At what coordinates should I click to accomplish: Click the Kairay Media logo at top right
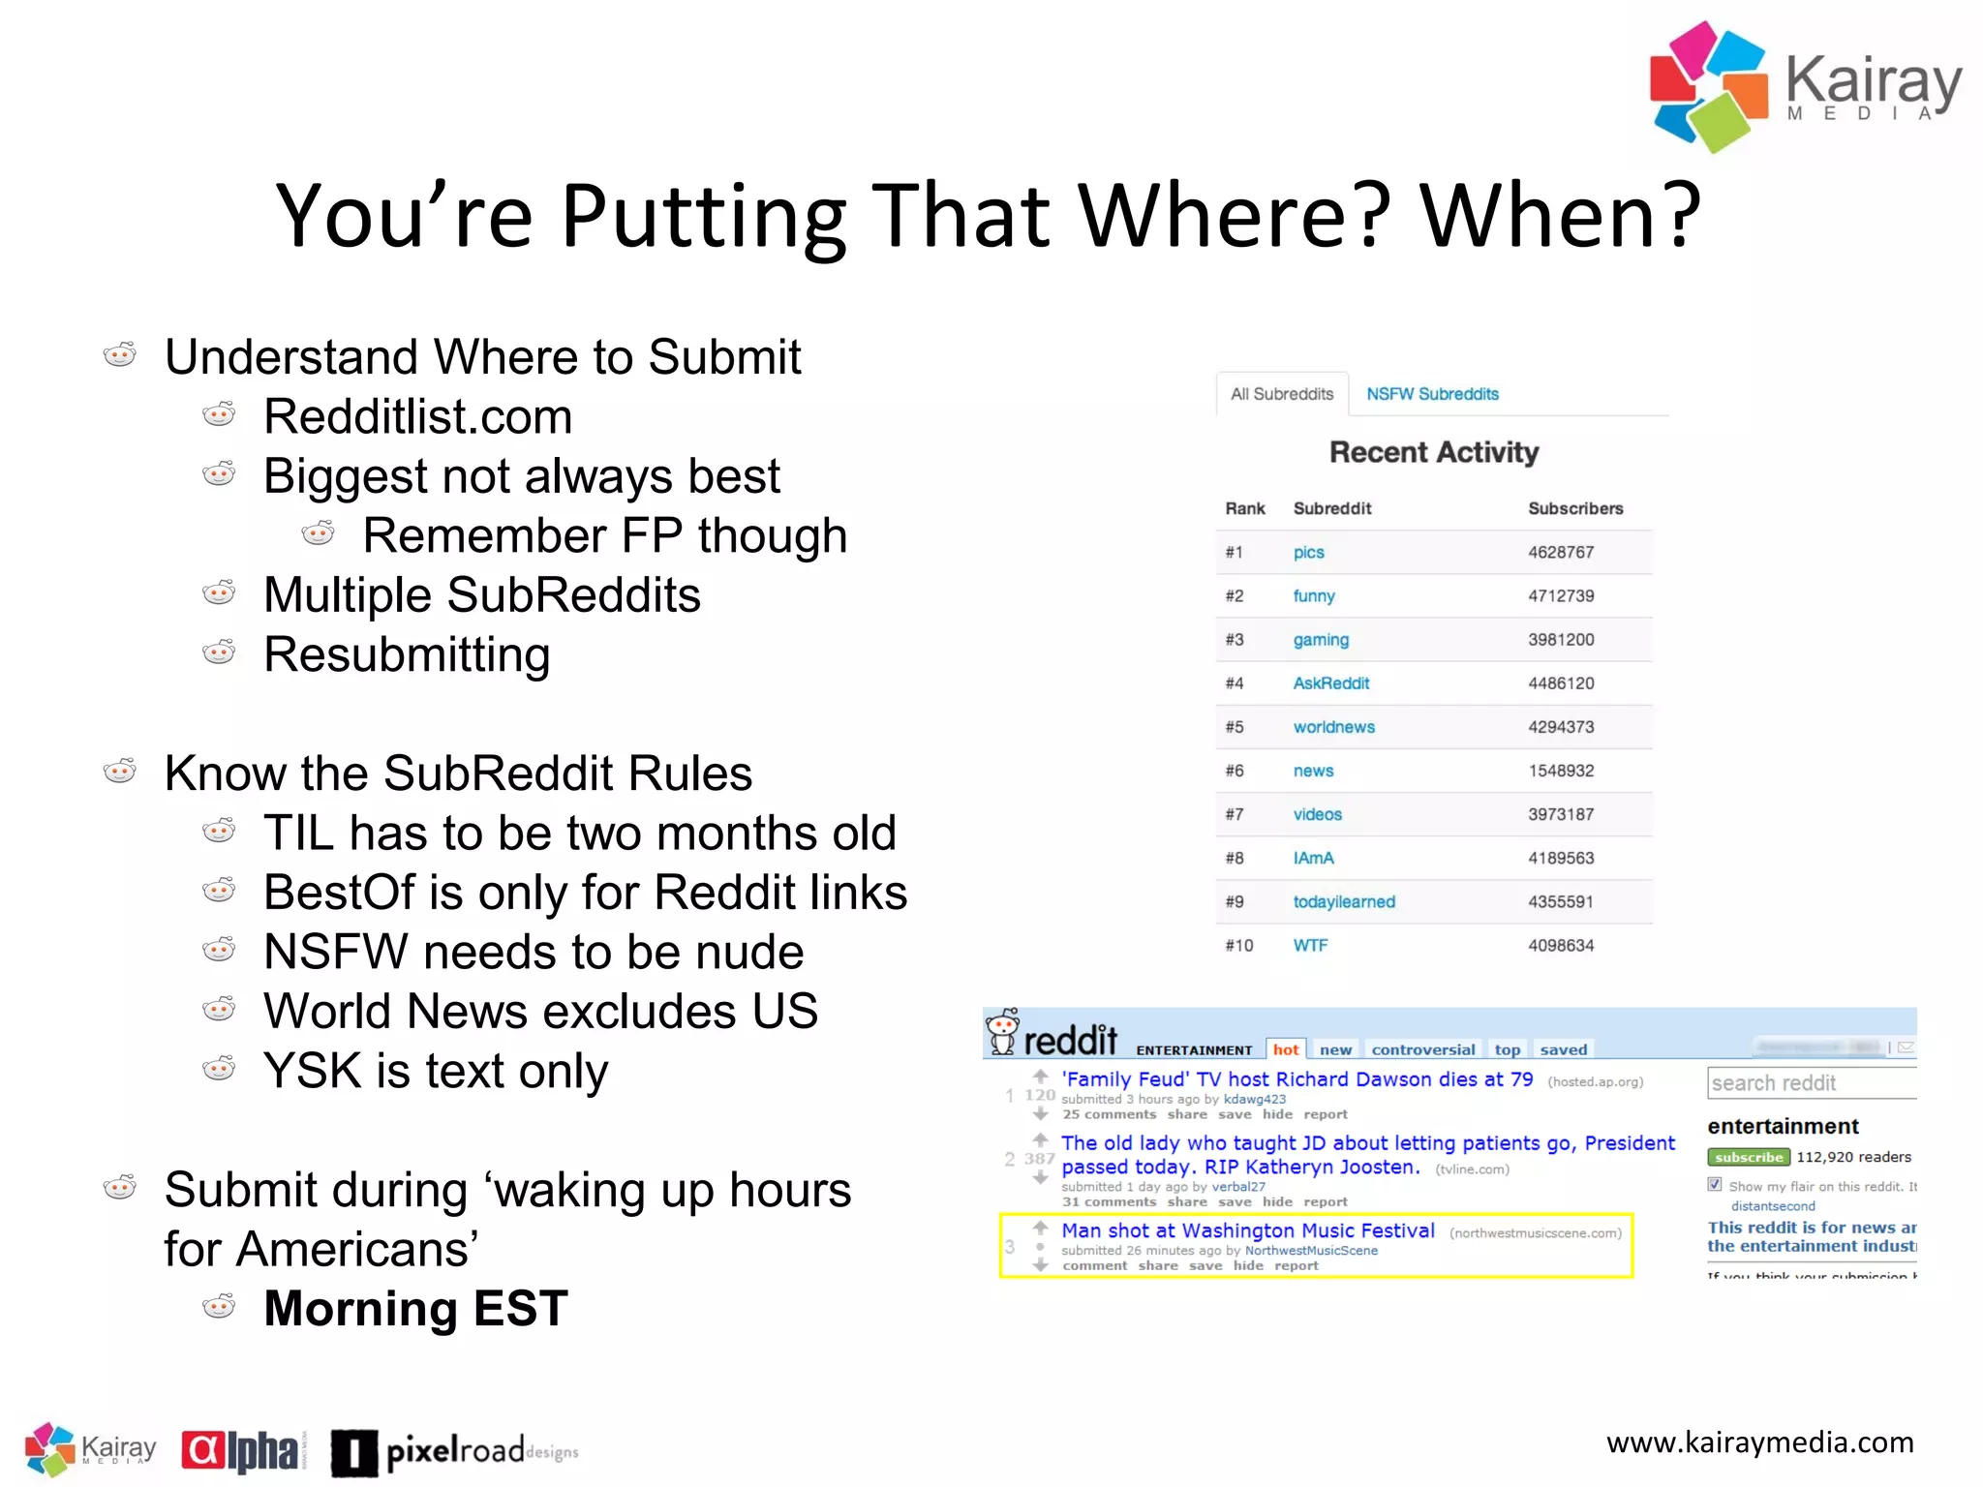pyautogui.click(x=1805, y=87)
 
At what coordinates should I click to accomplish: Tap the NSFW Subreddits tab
pyautogui.click(x=1431, y=394)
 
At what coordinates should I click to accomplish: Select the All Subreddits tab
pyautogui.click(x=1281, y=394)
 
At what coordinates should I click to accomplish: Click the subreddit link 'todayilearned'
pyautogui.click(x=1343, y=901)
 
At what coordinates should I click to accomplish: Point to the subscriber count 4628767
pyautogui.click(x=1560, y=552)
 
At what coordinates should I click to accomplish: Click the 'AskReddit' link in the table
pyautogui.click(x=1330, y=683)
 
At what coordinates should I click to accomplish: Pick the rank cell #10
pyautogui.click(x=1238, y=945)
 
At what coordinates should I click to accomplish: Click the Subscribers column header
pyautogui.click(x=1574, y=508)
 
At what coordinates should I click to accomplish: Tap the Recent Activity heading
pyautogui.click(x=1433, y=452)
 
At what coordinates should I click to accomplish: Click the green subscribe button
pyautogui.click(x=1748, y=1157)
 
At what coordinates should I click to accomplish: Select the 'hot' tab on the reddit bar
pyautogui.click(x=1285, y=1049)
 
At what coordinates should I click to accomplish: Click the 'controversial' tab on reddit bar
pyautogui.click(x=1422, y=1049)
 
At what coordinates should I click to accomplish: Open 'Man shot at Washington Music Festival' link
pyautogui.click(x=1247, y=1230)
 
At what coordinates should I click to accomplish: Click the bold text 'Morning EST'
pyautogui.click(x=415, y=1309)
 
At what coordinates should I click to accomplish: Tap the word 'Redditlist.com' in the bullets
pyautogui.click(x=417, y=417)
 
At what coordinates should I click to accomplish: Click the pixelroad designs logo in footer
pyautogui.click(x=454, y=1451)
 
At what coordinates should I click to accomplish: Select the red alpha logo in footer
pyautogui.click(x=242, y=1451)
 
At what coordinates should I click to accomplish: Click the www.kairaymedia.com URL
pyautogui.click(x=1758, y=1442)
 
